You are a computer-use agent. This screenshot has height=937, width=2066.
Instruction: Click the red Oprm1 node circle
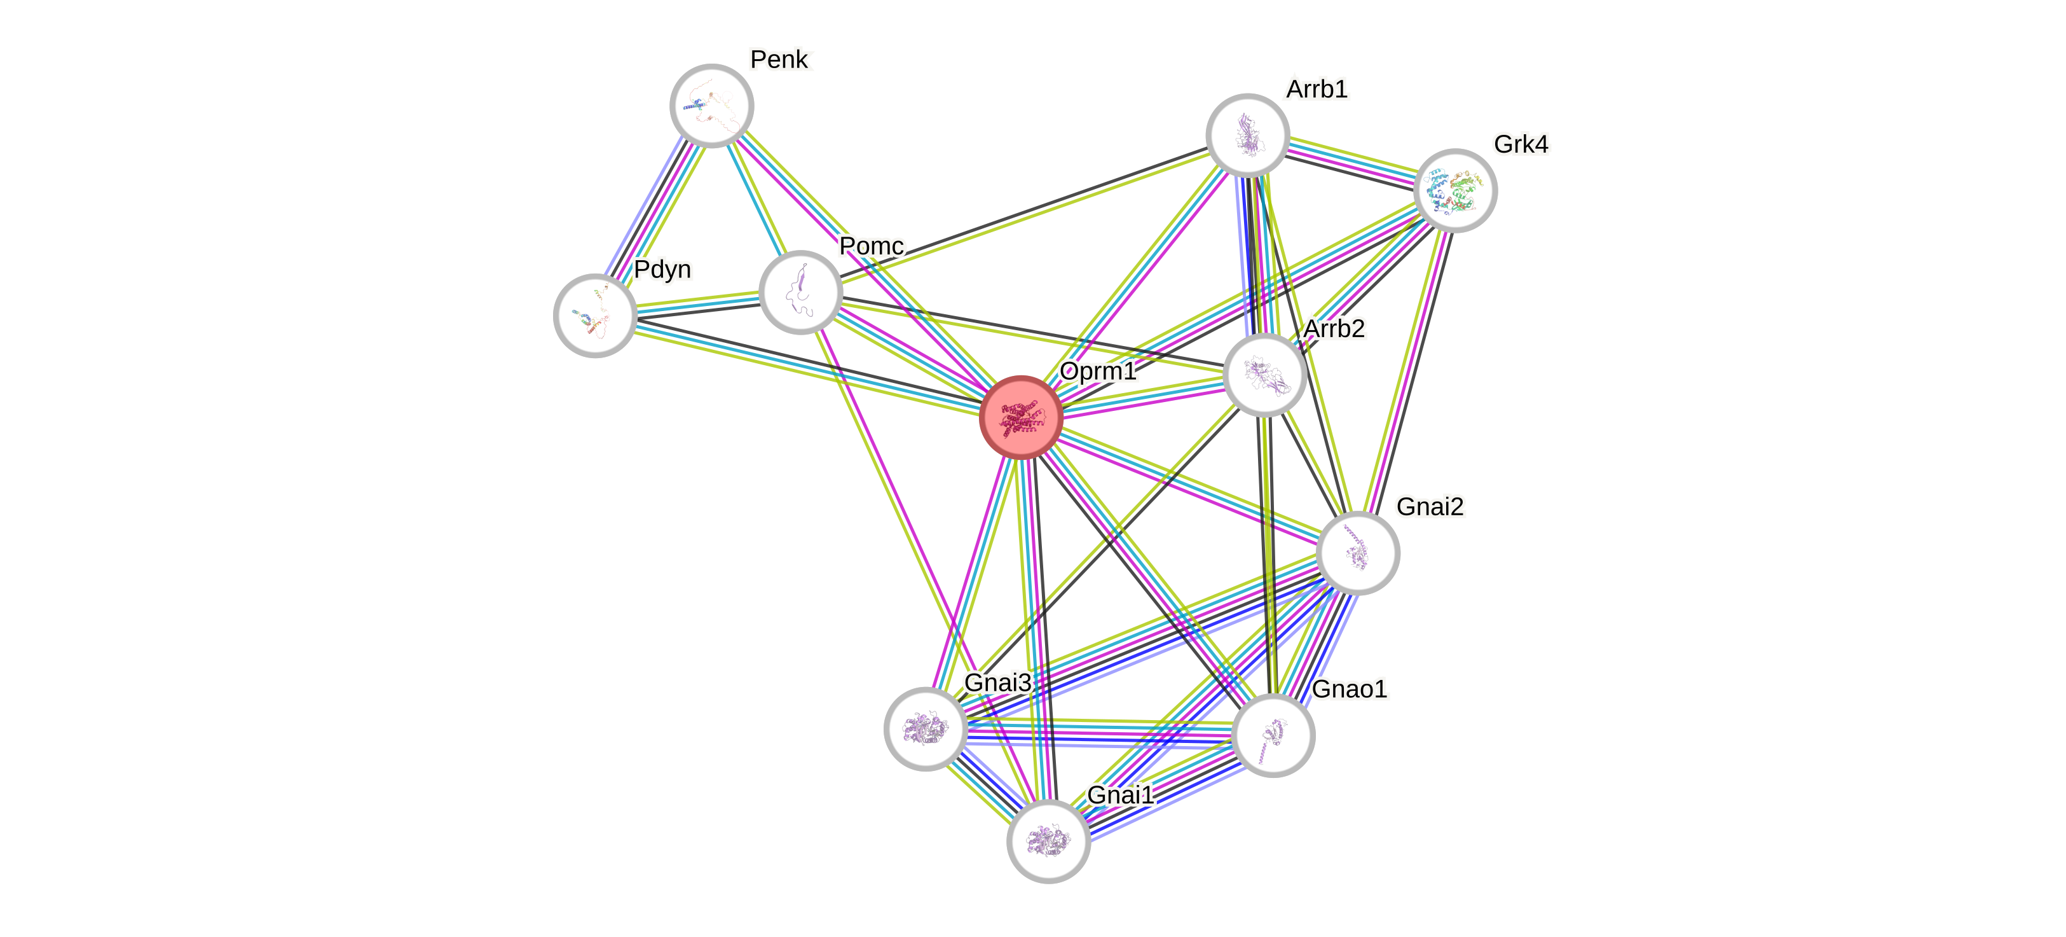coord(1021,417)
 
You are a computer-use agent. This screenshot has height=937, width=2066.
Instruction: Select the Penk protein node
coord(711,106)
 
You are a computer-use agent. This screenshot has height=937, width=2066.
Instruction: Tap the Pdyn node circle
coord(595,316)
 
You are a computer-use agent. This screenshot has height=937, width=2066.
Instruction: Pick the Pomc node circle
coord(800,292)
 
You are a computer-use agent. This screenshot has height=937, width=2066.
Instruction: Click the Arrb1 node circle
coord(1247,135)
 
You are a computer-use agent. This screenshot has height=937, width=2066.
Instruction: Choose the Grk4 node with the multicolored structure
coord(1455,191)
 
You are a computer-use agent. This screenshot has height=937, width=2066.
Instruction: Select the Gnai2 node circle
coord(1358,553)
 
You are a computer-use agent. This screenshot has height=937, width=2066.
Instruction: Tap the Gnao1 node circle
coord(1273,735)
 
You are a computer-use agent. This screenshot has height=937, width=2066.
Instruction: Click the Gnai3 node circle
coord(926,728)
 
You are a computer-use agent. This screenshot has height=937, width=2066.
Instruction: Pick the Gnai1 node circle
coord(1048,841)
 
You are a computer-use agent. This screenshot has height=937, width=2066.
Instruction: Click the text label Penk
coord(781,59)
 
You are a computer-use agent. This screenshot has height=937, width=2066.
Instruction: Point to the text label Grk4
coord(1521,144)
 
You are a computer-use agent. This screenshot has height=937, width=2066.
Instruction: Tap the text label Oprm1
coord(1097,371)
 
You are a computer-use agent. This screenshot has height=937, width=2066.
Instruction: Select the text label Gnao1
coord(1349,689)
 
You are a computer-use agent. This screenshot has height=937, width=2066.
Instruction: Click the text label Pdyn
coord(662,270)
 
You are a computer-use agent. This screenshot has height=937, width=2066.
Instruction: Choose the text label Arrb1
coord(1317,89)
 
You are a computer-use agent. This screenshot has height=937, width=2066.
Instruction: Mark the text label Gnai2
coord(1430,507)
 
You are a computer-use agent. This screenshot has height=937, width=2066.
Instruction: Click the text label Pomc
coord(872,246)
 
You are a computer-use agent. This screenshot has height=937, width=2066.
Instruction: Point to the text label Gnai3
coord(997,683)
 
